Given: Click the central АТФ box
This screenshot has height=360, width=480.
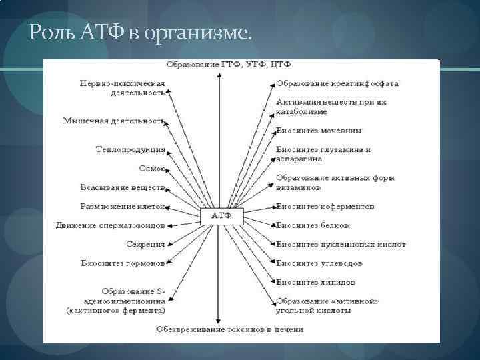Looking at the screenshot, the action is click(x=222, y=215).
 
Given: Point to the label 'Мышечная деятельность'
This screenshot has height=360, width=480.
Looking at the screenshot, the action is click(x=114, y=121).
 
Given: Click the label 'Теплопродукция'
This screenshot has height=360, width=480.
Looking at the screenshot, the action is click(x=131, y=149).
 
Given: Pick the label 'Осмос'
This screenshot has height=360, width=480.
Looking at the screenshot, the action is click(x=151, y=168).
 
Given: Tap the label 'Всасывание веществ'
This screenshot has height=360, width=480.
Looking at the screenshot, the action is click(x=123, y=188).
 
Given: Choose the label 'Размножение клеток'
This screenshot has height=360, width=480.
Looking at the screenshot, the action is click(x=123, y=207).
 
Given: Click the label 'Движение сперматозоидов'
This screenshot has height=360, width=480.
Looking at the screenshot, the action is click(x=110, y=225).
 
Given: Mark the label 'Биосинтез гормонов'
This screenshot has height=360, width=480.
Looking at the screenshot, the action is click(x=123, y=263).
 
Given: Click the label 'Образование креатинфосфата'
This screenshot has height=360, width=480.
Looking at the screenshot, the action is click(x=337, y=84).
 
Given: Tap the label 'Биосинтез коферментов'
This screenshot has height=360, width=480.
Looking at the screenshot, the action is click(x=325, y=207).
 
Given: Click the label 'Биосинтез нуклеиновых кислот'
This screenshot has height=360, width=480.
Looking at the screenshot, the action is click(x=341, y=244).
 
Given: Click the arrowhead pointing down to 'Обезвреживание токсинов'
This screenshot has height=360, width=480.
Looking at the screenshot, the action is click(x=219, y=321).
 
